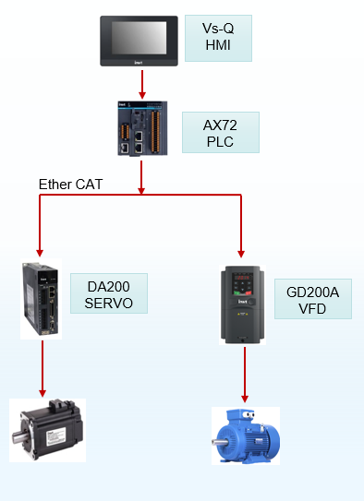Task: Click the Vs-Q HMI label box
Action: tap(218, 39)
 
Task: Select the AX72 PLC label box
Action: tap(221, 132)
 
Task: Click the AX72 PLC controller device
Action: tap(142, 128)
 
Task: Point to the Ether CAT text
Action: tap(71, 185)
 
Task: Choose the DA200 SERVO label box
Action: tap(109, 293)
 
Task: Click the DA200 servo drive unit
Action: tap(41, 299)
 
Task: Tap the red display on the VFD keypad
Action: tap(242, 278)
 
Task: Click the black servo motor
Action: tap(48, 430)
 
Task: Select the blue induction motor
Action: tap(246, 436)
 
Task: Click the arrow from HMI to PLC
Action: tap(142, 85)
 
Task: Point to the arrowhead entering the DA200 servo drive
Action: tap(40, 253)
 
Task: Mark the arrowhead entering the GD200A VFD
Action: tap(241, 254)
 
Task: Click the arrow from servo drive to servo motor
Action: tap(42, 369)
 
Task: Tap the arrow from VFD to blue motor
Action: tap(245, 375)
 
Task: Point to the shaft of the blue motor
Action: tap(219, 442)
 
